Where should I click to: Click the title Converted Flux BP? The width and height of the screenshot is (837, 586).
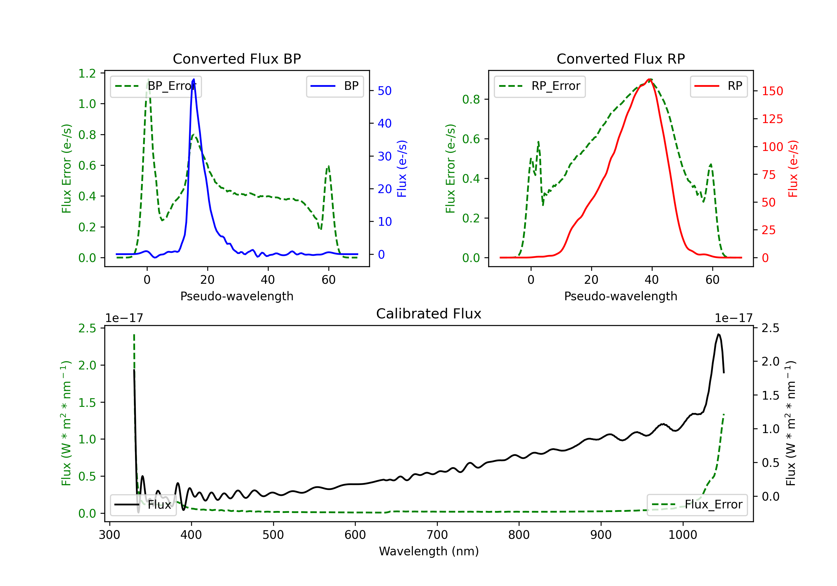point(237,59)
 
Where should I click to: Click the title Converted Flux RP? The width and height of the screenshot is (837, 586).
point(620,59)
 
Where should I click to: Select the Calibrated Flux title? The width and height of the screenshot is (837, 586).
point(429,314)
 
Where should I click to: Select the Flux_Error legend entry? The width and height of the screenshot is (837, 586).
point(697,505)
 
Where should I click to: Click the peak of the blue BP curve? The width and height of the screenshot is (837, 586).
point(194,79)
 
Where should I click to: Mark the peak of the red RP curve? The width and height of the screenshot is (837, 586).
point(650,79)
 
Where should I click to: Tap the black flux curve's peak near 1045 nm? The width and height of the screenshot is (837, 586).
point(718,334)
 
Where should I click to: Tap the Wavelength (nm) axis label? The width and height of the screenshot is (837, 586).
point(429,551)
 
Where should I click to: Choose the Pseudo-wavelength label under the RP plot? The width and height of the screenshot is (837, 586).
point(620,296)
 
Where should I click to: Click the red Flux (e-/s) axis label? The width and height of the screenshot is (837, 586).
point(793,169)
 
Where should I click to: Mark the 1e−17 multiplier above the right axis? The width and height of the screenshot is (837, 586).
point(733,318)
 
